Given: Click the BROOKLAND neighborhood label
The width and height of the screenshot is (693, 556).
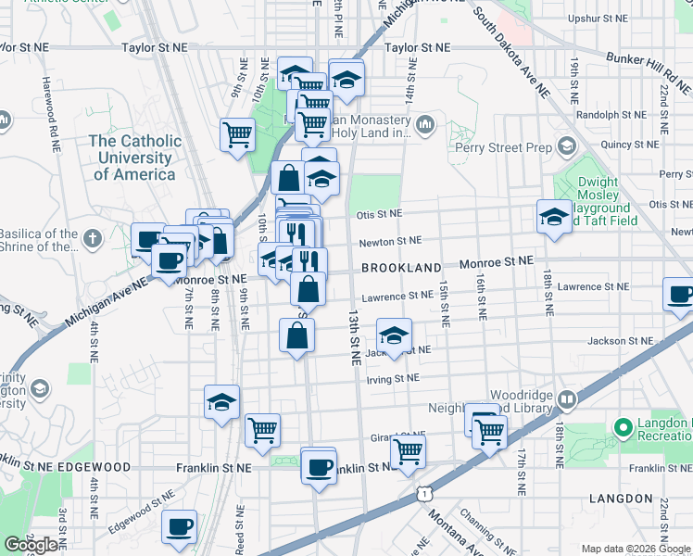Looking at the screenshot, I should [401, 267].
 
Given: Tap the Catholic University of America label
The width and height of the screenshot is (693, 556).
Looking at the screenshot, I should [135, 158].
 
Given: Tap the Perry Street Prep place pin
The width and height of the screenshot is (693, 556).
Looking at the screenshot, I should [566, 146].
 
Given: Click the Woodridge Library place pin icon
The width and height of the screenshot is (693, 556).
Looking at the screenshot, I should [566, 399].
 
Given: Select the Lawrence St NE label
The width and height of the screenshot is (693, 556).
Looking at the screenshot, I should [397, 297].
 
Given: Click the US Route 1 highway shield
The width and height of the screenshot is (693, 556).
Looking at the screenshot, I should [422, 497].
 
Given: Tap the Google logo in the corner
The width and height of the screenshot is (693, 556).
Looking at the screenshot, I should [31, 545].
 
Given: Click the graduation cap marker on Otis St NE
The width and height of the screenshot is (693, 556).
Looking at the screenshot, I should [554, 218].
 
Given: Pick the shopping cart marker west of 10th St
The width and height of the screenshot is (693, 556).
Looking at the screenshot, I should [238, 133].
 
